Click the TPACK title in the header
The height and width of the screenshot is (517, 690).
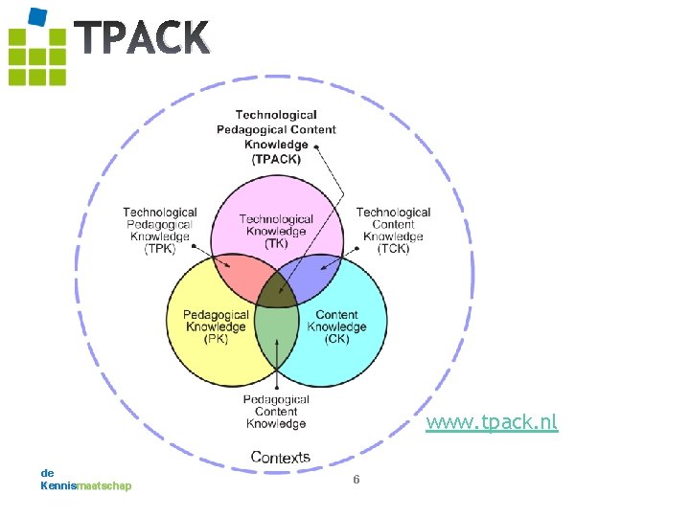click(x=142, y=38)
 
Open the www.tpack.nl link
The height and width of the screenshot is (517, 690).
click(x=492, y=422)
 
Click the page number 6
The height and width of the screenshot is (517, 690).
click(x=356, y=480)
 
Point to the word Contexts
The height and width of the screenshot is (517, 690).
click(x=280, y=458)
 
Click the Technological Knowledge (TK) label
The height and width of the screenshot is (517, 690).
click(x=276, y=231)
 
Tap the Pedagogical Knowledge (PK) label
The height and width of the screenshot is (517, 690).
click(x=217, y=326)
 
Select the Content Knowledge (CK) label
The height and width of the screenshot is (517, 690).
click(x=336, y=326)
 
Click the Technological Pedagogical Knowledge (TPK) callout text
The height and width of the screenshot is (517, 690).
click(x=159, y=231)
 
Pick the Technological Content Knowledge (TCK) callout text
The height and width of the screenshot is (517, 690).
click(x=393, y=231)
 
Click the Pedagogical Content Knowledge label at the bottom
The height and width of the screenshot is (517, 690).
click(x=276, y=412)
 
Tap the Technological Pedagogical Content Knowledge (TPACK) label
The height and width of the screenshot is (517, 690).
click(x=276, y=137)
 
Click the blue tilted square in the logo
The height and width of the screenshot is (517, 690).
click(x=38, y=16)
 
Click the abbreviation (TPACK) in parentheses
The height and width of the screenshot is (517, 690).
click(x=276, y=159)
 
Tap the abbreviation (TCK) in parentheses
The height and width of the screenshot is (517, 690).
click(x=393, y=249)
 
